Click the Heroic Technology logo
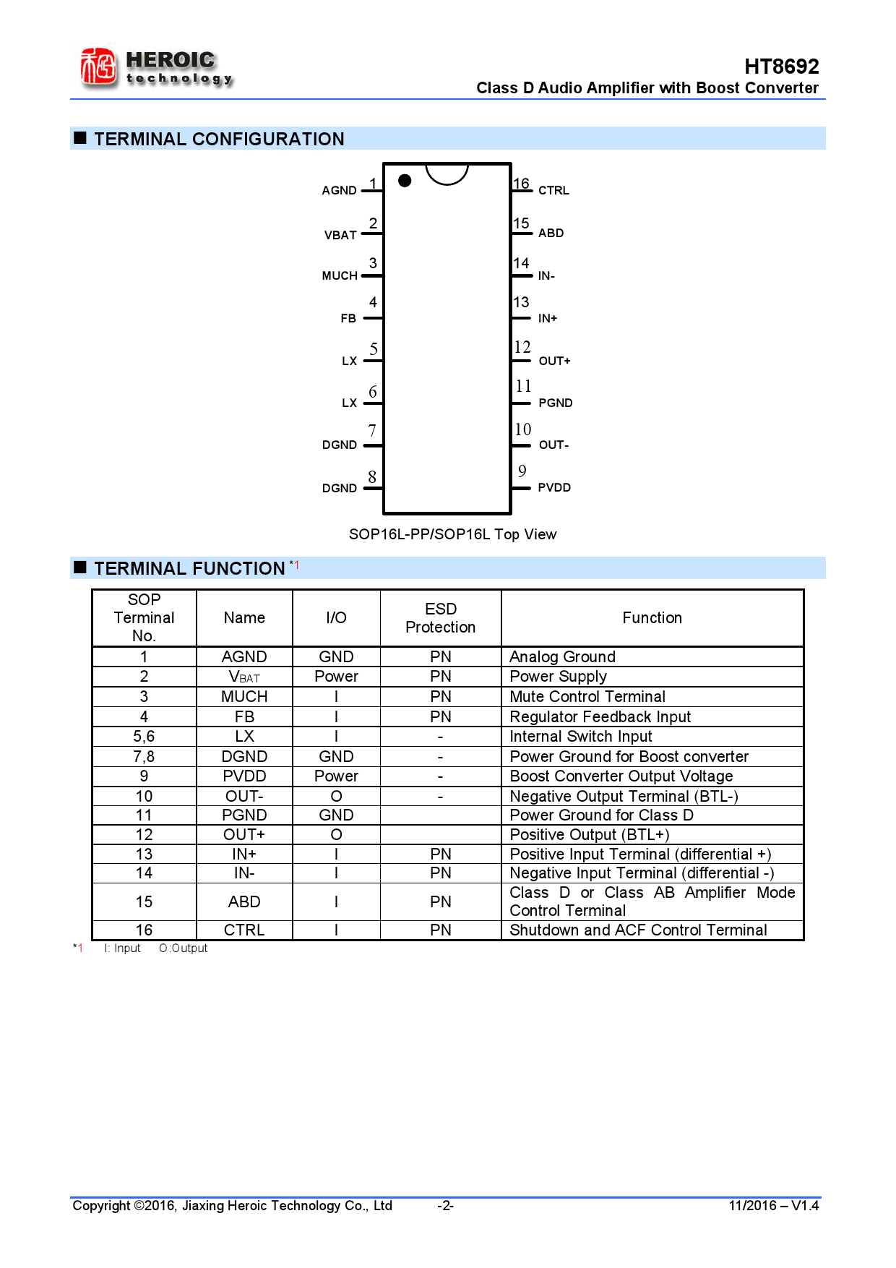pos(156,69)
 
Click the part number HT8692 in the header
pos(781,67)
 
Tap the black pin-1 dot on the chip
pos(405,181)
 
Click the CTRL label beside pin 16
pos(553,191)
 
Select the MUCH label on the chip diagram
pos(340,276)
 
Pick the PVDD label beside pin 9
pos(554,488)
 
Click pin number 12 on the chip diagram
pos(522,348)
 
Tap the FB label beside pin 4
pos(348,319)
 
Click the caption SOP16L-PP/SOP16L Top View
pos(452,534)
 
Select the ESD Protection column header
pos(440,618)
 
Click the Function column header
pos(652,618)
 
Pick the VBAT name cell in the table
pos(244,677)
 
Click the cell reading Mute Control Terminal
pos(587,697)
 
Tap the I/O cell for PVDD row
pos(336,776)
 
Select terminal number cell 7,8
pos(144,757)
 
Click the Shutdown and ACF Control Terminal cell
pos(638,930)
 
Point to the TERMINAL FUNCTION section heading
pos(189,569)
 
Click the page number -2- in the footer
pos(445,1206)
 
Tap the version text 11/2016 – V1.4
pos(773,1206)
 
